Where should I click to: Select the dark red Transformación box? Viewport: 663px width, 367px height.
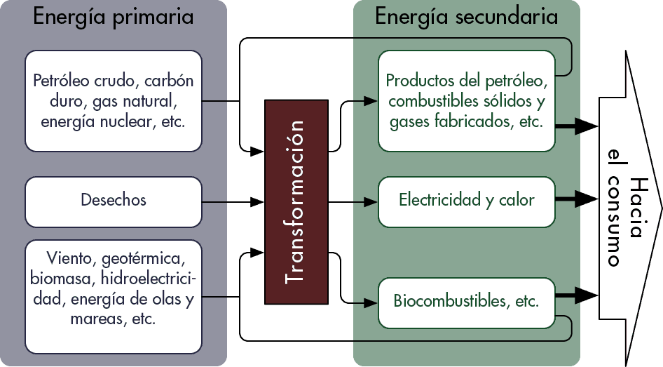(x=296, y=202)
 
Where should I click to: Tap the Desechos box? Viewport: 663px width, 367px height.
(x=114, y=201)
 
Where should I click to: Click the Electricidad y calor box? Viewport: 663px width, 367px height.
(x=467, y=201)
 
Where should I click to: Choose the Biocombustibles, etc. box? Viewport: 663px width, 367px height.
(x=467, y=302)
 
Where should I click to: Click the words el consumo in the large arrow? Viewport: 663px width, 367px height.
(x=614, y=208)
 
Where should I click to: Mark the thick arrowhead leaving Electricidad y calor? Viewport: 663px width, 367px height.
(x=587, y=199)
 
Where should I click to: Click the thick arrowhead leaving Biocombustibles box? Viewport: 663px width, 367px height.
(x=587, y=294)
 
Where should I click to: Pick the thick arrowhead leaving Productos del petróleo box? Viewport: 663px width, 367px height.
(x=587, y=126)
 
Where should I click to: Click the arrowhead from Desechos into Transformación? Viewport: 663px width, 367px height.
(x=259, y=202)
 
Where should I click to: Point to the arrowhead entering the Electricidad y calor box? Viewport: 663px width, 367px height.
(x=373, y=202)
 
